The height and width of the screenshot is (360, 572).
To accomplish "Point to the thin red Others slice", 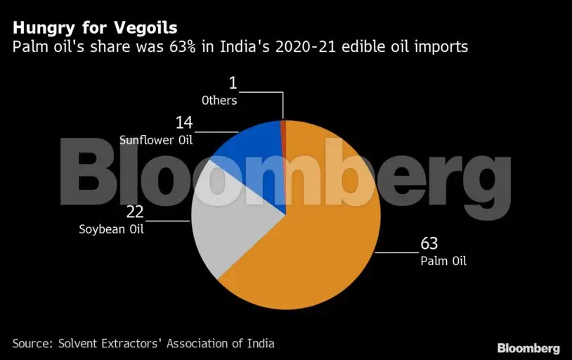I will (283, 129).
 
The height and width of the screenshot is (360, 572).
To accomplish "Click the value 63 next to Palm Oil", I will (429, 243).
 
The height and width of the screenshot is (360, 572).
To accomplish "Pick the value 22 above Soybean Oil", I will (135, 212).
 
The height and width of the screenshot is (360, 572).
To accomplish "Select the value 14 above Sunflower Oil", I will (184, 123).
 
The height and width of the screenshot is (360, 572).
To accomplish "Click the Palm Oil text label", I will (443, 261).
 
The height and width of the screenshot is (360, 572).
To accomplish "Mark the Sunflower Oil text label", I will (156, 139).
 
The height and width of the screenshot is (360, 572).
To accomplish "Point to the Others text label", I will (219, 100).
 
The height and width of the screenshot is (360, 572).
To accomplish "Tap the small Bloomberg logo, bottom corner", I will (528, 347).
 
